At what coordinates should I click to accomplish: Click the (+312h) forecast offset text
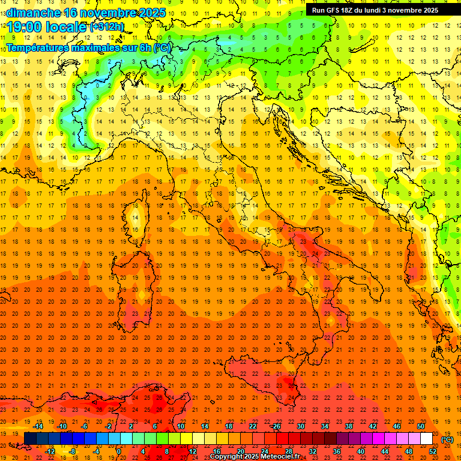click(x=107, y=27)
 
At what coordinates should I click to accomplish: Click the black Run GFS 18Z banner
click(x=375, y=10)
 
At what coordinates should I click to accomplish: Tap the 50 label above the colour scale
click(x=421, y=426)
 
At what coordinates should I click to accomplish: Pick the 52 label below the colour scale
click(x=432, y=451)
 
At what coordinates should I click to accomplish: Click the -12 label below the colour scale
click(x=50, y=451)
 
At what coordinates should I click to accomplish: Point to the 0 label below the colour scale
click(x=119, y=451)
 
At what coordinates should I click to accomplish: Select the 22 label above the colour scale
click(x=253, y=426)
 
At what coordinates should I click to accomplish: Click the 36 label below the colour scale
click(x=336, y=451)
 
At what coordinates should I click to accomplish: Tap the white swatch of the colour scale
click(x=426, y=438)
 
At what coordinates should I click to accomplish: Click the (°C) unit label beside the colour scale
click(x=447, y=439)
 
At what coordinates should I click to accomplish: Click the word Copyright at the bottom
click(x=227, y=457)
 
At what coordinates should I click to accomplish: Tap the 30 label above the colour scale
click(x=301, y=426)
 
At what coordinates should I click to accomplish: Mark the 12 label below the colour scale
click(x=193, y=451)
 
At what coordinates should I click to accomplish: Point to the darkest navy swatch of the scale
click(x=30, y=438)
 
